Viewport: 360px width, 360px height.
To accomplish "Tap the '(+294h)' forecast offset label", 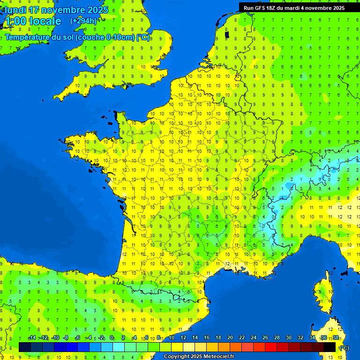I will [x=83, y=21].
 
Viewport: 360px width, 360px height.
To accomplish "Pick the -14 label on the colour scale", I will [x=32, y=338].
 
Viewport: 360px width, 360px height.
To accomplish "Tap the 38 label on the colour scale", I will [x=335, y=338].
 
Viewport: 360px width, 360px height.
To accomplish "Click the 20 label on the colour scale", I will [x=230, y=338].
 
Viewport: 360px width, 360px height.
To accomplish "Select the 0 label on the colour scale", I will [x=112, y=338].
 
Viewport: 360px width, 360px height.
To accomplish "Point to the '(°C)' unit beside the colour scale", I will [x=344, y=348].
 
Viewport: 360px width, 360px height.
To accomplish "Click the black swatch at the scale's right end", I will [x=330, y=347].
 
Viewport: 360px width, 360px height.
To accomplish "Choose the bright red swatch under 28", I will [x=271, y=347].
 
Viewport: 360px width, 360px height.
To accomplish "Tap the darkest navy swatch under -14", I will [x=25, y=347].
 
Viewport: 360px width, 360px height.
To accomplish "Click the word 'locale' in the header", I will [x=45, y=21].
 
